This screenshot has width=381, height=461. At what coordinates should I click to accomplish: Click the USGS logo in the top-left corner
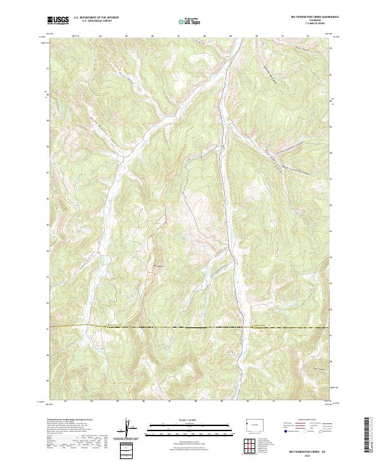pyautogui.click(x=58, y=20)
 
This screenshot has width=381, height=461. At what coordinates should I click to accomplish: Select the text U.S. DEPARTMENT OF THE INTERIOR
pyautogui.click(x=96, y=18)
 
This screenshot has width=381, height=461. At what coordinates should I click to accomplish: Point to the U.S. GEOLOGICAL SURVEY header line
pyautogui.click(x=96, y=22)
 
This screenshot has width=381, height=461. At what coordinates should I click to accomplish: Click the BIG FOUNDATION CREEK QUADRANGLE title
pyautogui.click(x=307, y=18)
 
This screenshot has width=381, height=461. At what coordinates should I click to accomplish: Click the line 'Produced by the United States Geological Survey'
pyautogui.click(x=70, y=421)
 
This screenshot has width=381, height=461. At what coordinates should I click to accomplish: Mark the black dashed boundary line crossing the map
pyautogui.click(x=190, y=327)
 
